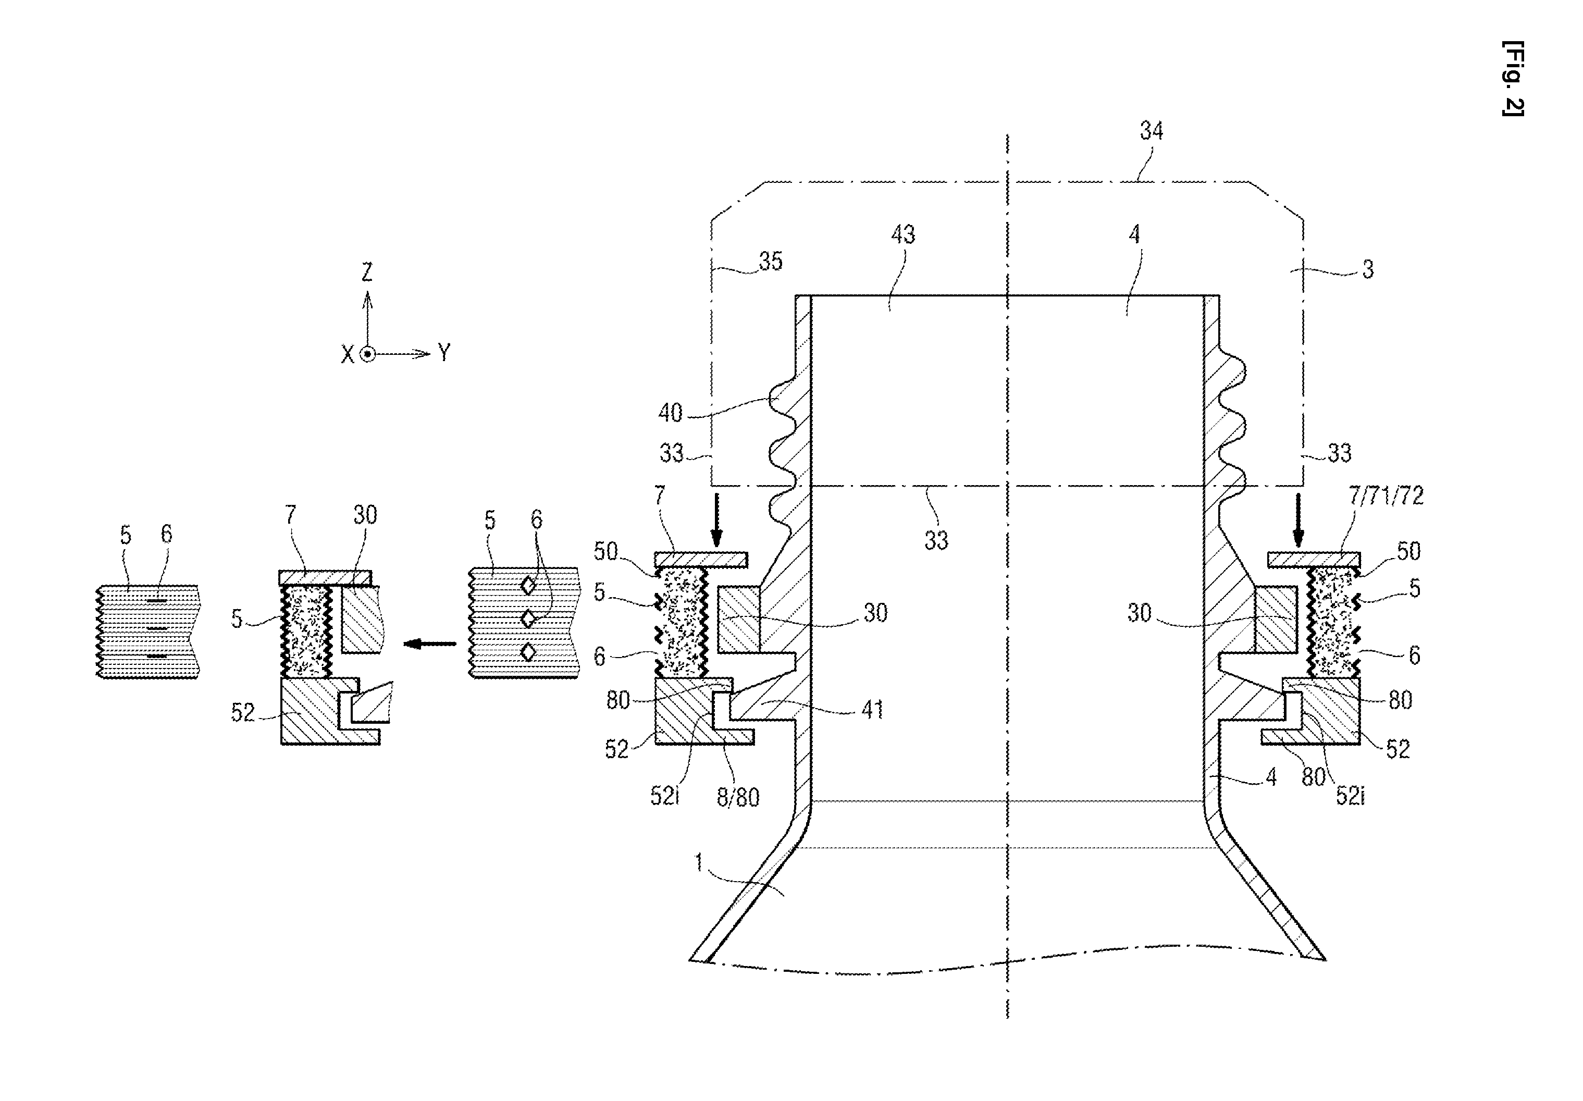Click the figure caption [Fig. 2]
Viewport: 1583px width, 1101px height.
(x=1513, y=79)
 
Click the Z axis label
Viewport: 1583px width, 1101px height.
(x=367, y=273)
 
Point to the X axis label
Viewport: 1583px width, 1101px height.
(x=348, y=355)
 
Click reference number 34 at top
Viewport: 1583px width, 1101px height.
(x=1152, y=131)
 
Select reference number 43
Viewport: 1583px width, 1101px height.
(x=903, y=235)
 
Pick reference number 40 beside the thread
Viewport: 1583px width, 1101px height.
(x=670, y=413)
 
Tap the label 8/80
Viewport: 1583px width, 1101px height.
(x=738, y=798)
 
